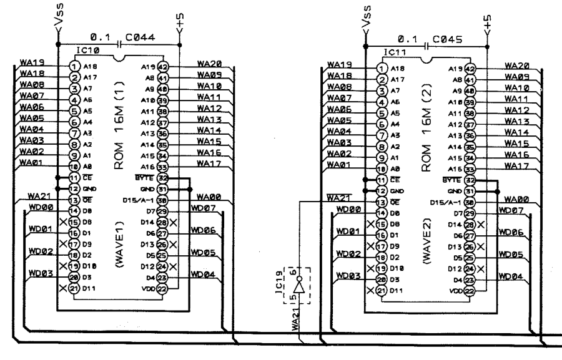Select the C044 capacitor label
[x=142, y=38]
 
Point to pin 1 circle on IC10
[x=74, y=66]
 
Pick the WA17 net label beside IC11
[x=516, y=167]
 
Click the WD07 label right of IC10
[x=204, y=208]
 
